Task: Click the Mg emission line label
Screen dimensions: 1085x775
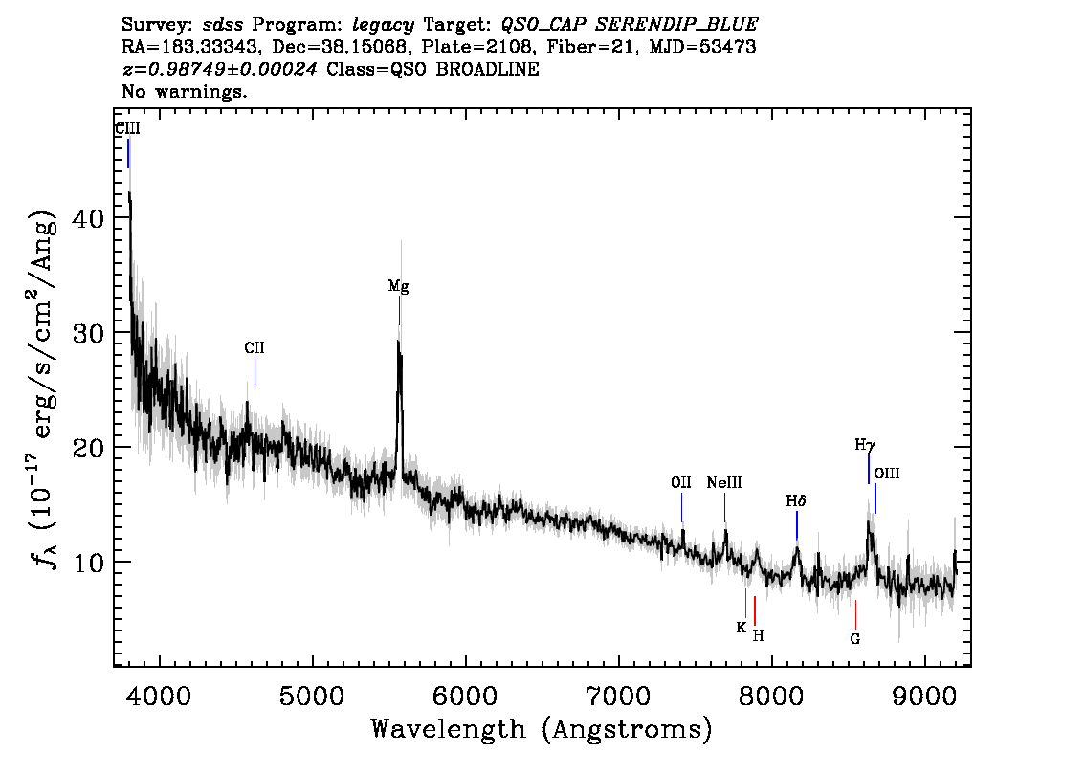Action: (398, 286)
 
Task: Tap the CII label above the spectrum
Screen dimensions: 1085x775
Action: (255, 348)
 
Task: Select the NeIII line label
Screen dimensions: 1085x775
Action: (723, 483)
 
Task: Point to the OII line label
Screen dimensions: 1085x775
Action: (681, 483)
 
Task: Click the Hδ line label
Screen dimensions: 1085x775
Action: (796, 501)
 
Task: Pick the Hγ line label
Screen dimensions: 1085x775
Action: (865, 445)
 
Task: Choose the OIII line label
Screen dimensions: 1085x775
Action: (886, 474)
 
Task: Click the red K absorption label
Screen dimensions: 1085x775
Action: (742, 628)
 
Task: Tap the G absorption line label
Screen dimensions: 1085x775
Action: (855, 639)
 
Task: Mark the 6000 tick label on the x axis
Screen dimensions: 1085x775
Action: (466, 696)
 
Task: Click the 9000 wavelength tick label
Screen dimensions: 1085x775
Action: (923, 696)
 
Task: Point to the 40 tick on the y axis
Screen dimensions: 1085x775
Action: (88, 219)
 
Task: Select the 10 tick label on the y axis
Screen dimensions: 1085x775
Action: (88, 562)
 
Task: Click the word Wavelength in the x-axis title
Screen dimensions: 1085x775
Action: (449, 729)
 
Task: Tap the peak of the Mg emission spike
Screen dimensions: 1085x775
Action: (398, 341)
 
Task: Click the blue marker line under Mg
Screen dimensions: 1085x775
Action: (399, 311)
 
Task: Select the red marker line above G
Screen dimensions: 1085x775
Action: (856, 614)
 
